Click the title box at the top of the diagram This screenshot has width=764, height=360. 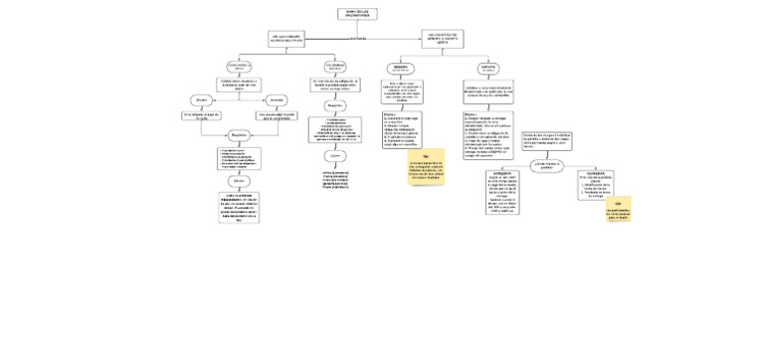(357, 14)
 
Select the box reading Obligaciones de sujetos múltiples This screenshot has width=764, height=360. (286, 39)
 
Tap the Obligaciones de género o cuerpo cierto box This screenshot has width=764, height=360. (442, 39)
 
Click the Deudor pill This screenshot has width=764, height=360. (200, 99)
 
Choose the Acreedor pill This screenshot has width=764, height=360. (276, 99)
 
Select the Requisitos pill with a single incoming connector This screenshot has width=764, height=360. (334, 104)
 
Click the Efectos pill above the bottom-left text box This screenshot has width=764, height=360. (238, 181)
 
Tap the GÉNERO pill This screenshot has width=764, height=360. (401, 68)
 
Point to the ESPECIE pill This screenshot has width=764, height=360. (488, 68)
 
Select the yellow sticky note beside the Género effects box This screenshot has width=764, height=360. (426, 167)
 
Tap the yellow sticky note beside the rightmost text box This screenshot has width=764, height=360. (618, 209)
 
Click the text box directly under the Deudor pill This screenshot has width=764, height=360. (200, 115)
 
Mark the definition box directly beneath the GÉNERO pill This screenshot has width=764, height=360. (402, 91)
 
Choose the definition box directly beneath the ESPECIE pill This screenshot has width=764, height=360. (488, 92)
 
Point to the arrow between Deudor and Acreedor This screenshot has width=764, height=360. (238, 99)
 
